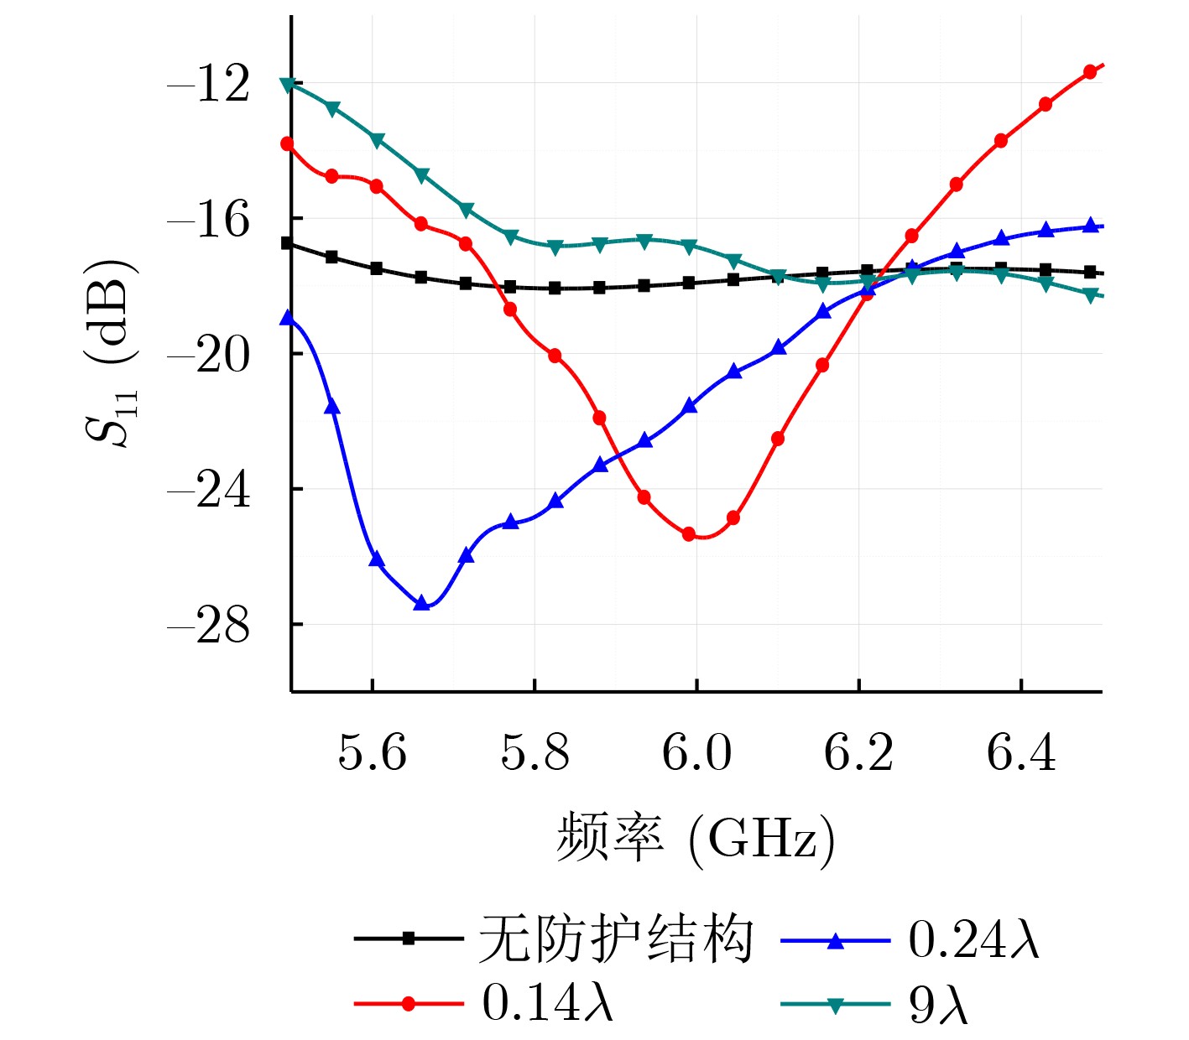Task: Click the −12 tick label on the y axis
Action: coord(209,84)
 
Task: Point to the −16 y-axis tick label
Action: coord(209,220)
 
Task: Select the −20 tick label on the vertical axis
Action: coord(209,355)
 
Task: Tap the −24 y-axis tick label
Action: coord(209,490)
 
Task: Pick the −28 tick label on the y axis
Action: coord(209,626)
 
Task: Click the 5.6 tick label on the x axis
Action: coord(372,752)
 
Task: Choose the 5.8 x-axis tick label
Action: coord(535,752)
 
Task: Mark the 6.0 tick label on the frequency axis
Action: coord(696,752)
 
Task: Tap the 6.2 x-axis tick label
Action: coord(858,752)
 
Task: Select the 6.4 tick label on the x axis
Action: coord(1021,752)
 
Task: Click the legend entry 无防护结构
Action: coord(615,939)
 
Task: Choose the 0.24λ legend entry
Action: coord(973,939)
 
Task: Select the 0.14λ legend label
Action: coord(548,1002)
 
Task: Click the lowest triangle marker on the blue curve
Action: coord(422,603)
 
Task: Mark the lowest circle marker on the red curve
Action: coord(689,534)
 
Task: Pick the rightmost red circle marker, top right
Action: coord(1090,72)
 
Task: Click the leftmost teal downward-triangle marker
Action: coord(288,85)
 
